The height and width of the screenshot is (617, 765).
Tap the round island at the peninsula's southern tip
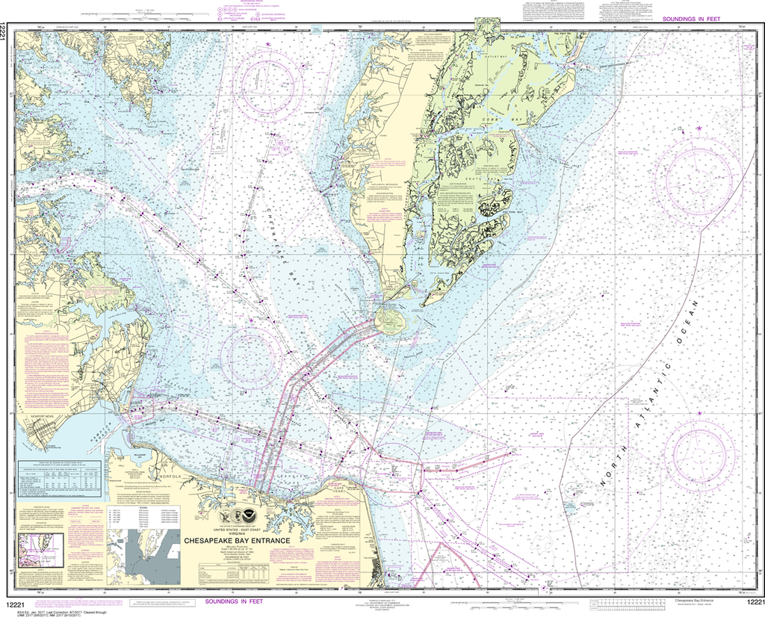click(x=391, y=321)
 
